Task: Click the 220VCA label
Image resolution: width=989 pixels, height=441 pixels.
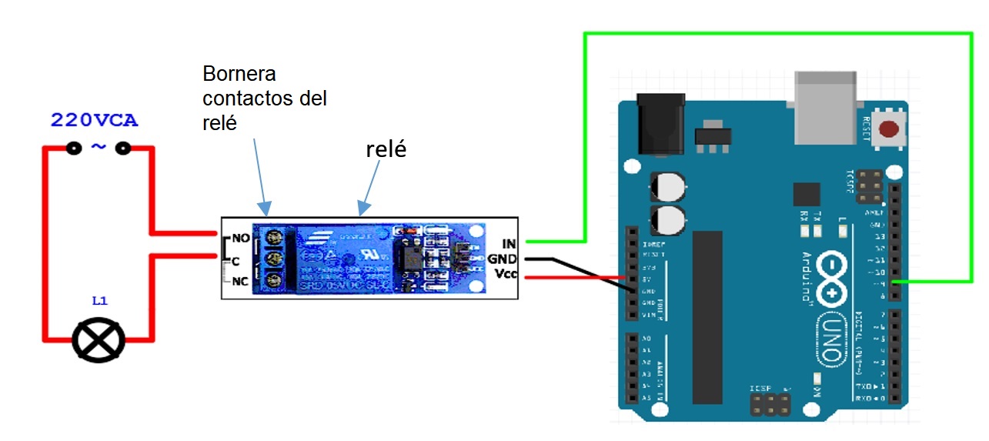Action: [95, 121]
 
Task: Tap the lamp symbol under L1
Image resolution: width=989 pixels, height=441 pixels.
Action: [98, 340]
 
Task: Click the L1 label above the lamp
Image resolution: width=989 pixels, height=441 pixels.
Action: [99, 302]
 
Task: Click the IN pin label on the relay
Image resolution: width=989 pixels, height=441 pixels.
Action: [508, 243]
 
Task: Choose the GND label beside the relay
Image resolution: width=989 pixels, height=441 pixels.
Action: [502, 259]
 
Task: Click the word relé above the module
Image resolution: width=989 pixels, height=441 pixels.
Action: [386, 149]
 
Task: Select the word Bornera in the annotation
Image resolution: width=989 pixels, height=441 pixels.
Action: [239, 75]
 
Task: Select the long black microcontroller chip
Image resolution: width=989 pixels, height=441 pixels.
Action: [707, 316]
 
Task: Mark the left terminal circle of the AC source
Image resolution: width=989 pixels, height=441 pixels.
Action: [74, 148]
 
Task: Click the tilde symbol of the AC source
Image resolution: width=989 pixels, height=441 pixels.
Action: [99, 147]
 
